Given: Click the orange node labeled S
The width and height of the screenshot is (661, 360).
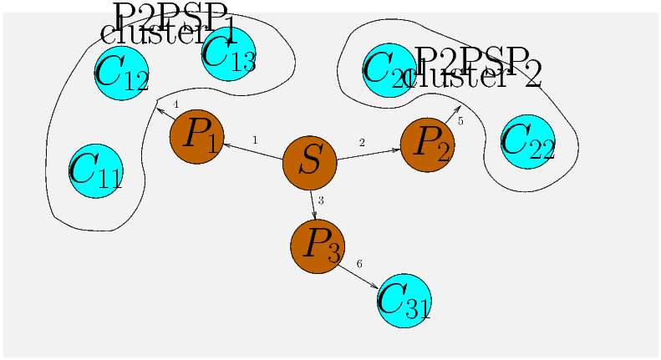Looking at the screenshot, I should (309, 161).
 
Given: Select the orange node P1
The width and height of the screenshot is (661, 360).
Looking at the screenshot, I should (197, 136).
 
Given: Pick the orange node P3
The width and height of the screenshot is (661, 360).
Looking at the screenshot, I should (318, 246).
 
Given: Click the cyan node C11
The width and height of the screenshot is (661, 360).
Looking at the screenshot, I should (96, 171).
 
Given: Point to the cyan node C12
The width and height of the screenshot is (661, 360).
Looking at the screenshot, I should (121, 73).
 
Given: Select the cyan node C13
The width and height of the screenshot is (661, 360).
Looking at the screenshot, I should (228, 53).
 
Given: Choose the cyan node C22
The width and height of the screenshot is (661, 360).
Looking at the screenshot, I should (527, 141).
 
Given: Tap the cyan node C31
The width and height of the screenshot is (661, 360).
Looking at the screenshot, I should (404, 301).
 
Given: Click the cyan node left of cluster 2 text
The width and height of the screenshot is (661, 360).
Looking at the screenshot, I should (389, 70).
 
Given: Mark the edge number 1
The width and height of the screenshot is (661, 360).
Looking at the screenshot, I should (255, 139).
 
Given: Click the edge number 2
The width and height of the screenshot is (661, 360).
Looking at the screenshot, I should (362, 143).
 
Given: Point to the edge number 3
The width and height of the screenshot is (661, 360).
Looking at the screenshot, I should (321, 200).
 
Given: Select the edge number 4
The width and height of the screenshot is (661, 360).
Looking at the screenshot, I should (175, 104).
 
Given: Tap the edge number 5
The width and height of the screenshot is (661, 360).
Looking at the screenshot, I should (460, 121).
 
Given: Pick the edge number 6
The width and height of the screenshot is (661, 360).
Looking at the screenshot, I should (359, 264).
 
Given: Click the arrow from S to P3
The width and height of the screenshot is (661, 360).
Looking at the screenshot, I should (313, 204).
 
